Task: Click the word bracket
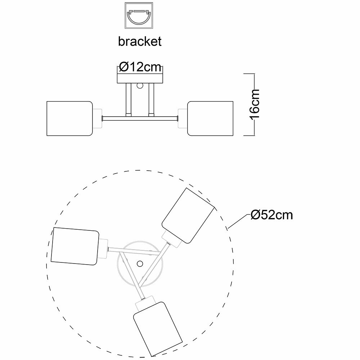pyautogui.click(x=140, y=41)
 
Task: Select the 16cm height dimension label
pyautogui.click(x=255, y=104)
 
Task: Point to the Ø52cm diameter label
pyautogui.click(x=272, y=215)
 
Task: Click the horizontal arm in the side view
pyautogui.click(x=140, y=118)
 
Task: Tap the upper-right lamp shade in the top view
pyautogui.click(x=187, y=216)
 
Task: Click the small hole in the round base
pyautogui.click(x=139, y=264)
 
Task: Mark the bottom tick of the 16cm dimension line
pyautogui.click(x=249, y=135)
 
